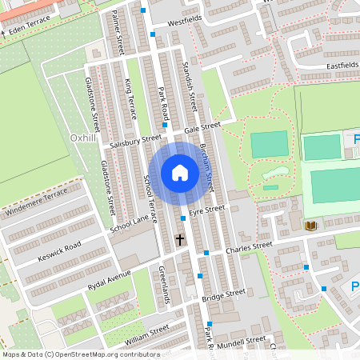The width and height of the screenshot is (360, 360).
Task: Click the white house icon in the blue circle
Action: click(x=180, y=172)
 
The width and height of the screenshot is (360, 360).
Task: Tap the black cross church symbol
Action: click(x=180, y=239)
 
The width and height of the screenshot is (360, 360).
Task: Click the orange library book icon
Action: click(x=310, y=226)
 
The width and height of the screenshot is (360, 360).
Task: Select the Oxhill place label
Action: click(x=82, y=138)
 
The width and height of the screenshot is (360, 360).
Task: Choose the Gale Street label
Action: click(x=202, y=127)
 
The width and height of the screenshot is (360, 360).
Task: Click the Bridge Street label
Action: click(x=223, y=296)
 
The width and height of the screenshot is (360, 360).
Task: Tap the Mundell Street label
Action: click(x=244, y=341)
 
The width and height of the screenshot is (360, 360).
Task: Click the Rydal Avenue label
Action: click(x=109, y=283)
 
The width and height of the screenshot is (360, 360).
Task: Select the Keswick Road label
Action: click(x=60, y=250)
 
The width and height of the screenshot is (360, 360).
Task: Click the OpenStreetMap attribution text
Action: click(x=81, y=354)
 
